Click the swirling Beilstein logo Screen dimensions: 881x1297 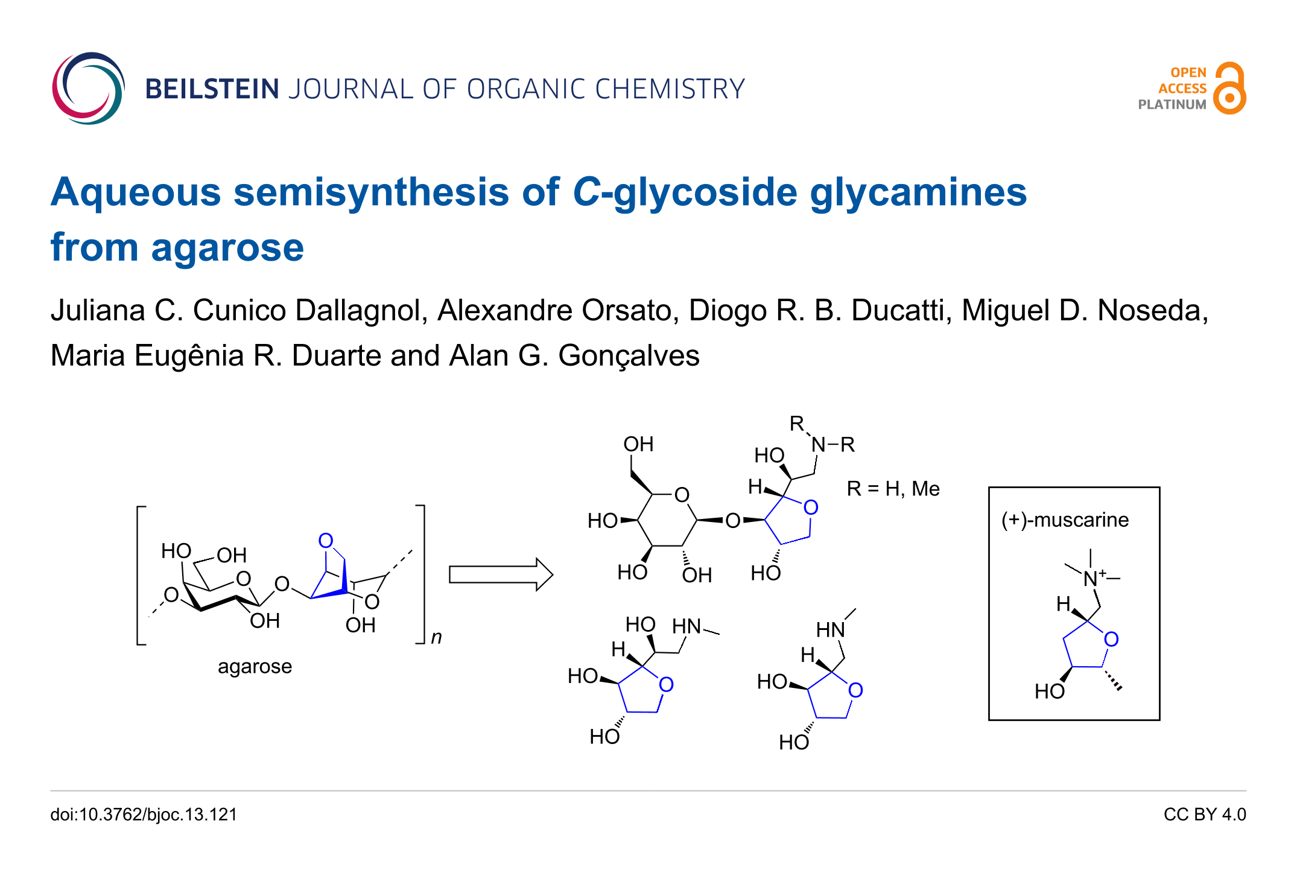88,89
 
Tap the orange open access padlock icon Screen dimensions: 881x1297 1230,89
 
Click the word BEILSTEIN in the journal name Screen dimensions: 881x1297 212,89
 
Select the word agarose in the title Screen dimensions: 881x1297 227,247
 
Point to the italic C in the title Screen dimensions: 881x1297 586,192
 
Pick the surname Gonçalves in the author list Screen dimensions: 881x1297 629,355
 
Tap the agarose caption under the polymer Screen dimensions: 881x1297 255,666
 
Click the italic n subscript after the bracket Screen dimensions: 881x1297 436,637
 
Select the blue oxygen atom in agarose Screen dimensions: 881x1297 326,540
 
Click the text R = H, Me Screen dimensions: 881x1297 893,488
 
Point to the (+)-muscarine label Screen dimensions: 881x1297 1065,520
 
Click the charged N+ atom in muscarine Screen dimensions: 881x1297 1092,579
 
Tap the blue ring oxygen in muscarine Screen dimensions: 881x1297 1111,639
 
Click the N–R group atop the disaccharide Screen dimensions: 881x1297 832,445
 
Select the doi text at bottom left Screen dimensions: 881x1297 144,815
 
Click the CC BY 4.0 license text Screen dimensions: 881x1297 1205,815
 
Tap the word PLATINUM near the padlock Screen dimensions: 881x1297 1172,104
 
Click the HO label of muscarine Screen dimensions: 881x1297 1049,691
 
